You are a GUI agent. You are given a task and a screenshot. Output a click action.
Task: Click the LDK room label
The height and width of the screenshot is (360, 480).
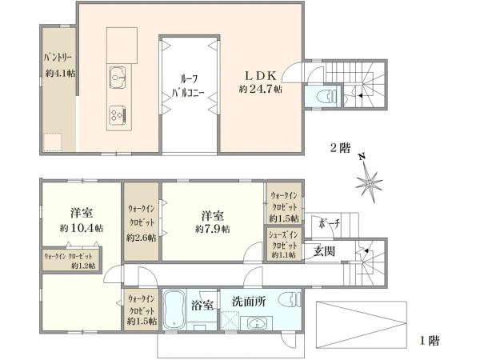pos(261,75)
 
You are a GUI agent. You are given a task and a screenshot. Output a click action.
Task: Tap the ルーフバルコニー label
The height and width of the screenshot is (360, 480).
pos(188,86)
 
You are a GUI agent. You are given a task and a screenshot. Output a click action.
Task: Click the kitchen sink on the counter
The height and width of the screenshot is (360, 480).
pos(118,78)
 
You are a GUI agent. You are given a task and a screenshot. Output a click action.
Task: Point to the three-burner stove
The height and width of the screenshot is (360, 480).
pos(118,114)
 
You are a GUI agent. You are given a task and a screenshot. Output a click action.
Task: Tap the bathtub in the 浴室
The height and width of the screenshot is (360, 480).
pos(174,309)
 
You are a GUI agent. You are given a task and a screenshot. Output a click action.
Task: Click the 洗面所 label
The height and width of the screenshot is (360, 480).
pos(249,302)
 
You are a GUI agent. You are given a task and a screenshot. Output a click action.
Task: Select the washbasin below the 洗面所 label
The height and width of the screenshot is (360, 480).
pos(256,323)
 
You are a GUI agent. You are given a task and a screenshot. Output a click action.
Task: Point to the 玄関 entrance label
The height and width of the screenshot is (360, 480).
pos(324,251)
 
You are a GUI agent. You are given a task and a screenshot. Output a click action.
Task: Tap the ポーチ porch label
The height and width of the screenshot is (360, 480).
pos(329,223)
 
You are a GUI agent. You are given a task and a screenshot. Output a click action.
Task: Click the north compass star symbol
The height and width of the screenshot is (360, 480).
pos(369,182)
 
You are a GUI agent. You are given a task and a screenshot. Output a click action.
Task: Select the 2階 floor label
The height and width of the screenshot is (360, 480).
pos(340,148)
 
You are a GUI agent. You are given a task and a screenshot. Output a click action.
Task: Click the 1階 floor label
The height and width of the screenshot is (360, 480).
pos(429,340)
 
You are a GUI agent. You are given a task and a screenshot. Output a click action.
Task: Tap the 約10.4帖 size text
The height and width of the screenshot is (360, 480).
pos(82,228)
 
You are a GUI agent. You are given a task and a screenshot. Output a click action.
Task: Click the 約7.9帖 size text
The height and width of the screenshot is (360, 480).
pos(213,229)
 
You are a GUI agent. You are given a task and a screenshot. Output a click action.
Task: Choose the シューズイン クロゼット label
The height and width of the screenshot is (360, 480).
pos(283,240)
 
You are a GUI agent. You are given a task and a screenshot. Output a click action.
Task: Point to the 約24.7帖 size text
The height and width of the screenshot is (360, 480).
pos(261,89)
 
